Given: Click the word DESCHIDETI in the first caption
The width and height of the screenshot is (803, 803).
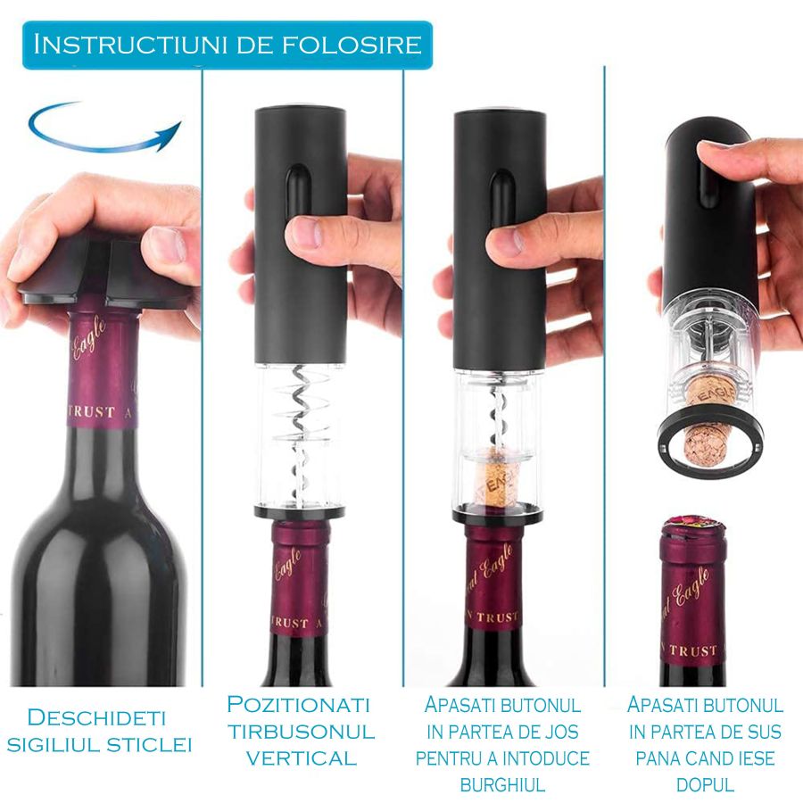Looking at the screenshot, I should (x=97, y=716).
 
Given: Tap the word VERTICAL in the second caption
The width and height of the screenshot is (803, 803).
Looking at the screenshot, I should (x=301, y=759).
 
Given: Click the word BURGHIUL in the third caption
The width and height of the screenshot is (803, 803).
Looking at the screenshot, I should (x=502, y=785).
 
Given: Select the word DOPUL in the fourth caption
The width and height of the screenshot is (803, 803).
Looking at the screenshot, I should (x=705, y=785).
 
